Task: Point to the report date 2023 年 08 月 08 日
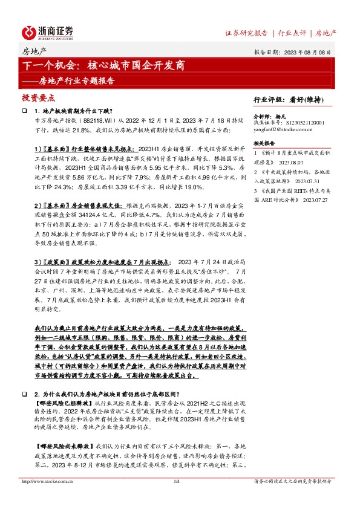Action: [310, 53]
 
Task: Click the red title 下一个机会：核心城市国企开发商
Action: [103, 65]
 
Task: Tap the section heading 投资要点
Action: [38, 97]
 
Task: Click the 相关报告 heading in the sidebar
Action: [264, 142]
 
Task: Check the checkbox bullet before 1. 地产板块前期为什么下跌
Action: [25, 111]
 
